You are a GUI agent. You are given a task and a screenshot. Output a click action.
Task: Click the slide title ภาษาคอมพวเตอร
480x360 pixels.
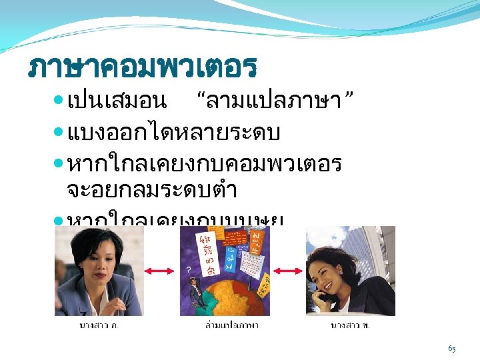pyautogui.click(x=143, y=67)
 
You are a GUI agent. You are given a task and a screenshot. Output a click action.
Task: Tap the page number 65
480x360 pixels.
pyautogui.click(x=452, y=349)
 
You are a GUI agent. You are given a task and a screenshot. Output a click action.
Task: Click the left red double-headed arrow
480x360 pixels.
pyautogui.click(x=161, y=271)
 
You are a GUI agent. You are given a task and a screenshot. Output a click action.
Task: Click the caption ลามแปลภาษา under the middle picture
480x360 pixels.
pyautogui.click(x=231, y=325)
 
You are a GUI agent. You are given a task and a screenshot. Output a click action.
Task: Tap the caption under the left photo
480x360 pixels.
pyautogui.click(x=99, y=325)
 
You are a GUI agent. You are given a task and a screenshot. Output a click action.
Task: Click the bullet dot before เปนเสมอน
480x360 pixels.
pyautogui.click(x=59, y=101)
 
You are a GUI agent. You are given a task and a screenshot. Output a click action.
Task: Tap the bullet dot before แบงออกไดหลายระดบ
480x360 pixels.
pyautogui.click(x=59, y=133)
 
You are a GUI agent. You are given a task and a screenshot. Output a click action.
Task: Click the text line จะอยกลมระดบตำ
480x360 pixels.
pyautogui.click(x=152, y=190)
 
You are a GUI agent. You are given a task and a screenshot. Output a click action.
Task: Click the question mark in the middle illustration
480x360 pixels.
pyautogui.click(x=189, y=270)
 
